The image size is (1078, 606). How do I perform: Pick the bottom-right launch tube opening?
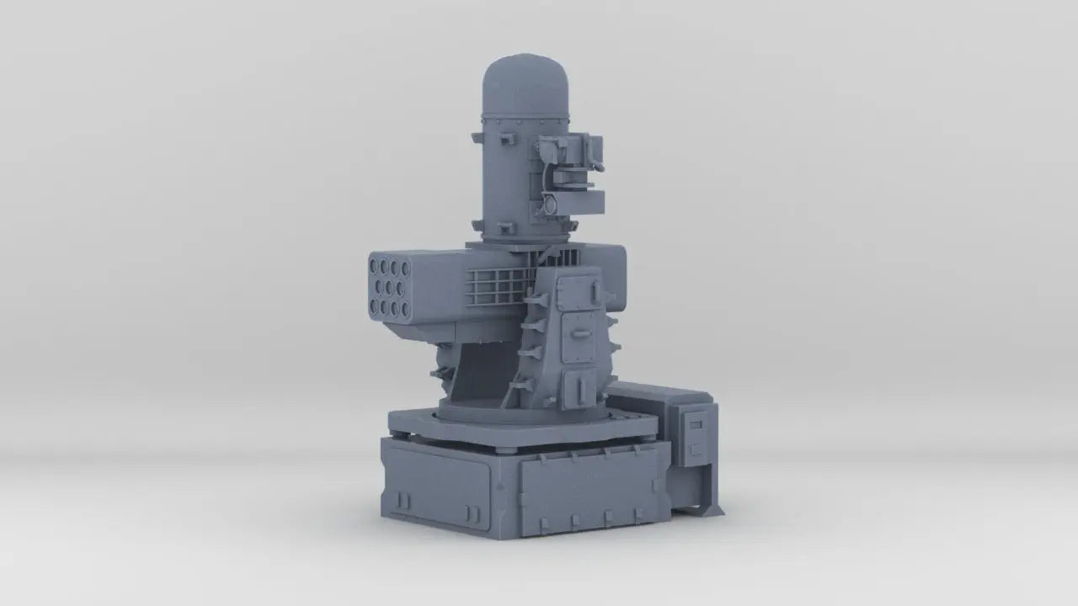click(405, 309)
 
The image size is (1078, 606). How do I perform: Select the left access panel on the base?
click(438, 483)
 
